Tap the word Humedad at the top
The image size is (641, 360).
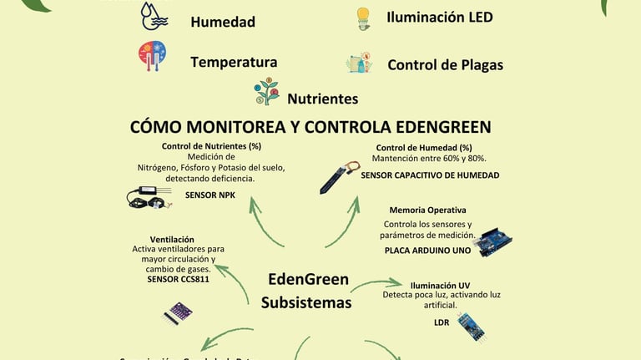point(223,22)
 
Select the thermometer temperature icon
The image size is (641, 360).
point(152,55)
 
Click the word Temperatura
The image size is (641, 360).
point(234,62)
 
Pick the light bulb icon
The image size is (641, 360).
point(362,18)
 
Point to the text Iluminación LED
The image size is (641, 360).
point(440,17)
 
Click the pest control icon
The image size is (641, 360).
point(359,63)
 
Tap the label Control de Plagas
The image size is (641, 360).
point(445,64)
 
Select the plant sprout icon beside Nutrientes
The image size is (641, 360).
point(267,92)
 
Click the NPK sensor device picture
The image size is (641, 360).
point(149,197)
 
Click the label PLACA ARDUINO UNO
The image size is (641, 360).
point(427,250)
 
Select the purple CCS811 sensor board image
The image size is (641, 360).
point(178,313)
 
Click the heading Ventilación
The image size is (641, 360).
point(172,239)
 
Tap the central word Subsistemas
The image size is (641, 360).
point(306,302)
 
